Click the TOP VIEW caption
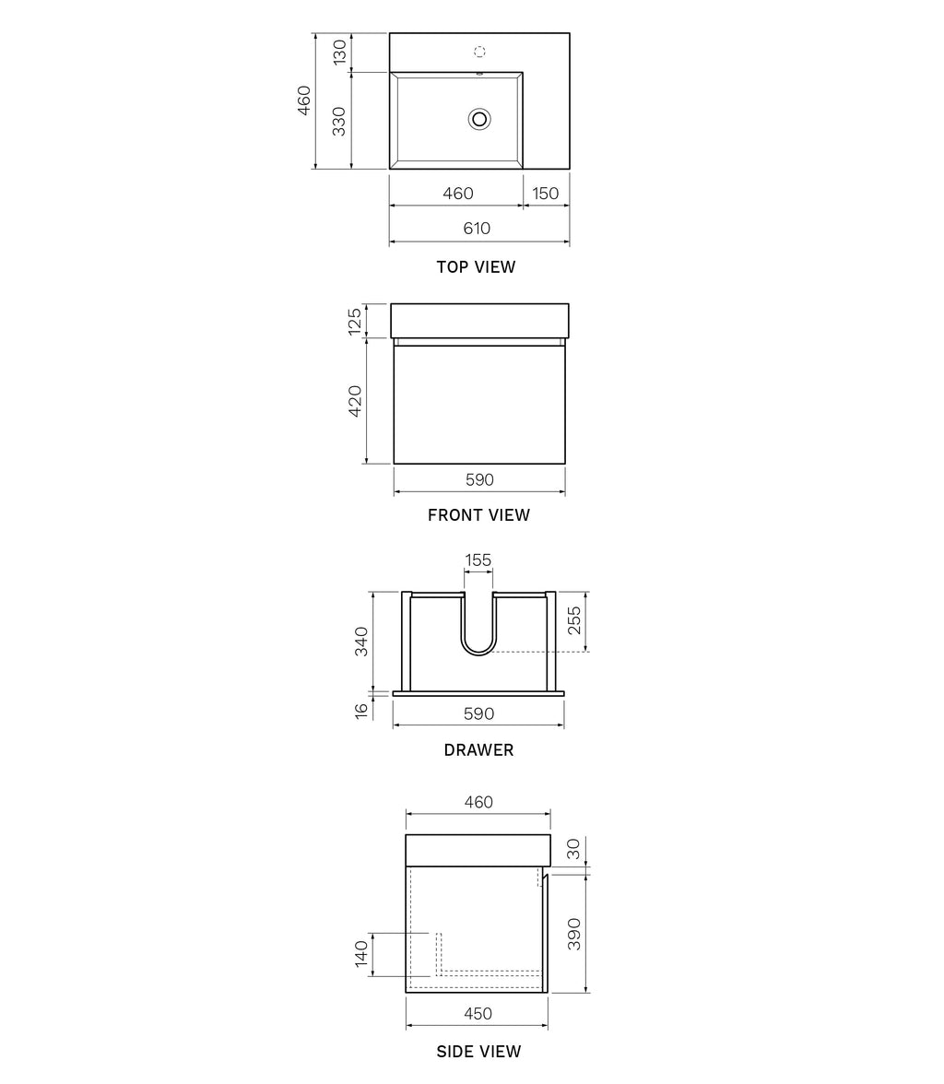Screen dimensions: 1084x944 pos(476,267)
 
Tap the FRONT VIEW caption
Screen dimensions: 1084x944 pos(478,515)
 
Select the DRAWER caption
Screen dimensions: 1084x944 pos(478,750)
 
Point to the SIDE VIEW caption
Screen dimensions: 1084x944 pos(478,1052)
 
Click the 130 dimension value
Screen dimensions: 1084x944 pos(339,53)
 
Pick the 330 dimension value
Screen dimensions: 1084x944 pos(339,121)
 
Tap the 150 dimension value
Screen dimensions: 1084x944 pos(546,194)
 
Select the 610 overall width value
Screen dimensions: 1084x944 pos(477,229)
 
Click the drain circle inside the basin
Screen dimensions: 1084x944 pos(479,118)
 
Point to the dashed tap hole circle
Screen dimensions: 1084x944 pos(479,52)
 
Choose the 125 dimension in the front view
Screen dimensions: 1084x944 pos(355,321)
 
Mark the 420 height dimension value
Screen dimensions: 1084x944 pos(355,401)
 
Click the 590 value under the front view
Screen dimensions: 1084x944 pos(479,480)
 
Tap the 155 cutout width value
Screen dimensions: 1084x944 pos(478,560)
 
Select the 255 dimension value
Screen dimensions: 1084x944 pos(573,622)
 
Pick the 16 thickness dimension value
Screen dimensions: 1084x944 pos(361,710)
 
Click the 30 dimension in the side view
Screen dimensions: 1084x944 pos(574,849)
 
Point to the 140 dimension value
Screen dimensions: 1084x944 pos(362,953)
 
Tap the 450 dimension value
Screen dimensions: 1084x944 pos(478,1014)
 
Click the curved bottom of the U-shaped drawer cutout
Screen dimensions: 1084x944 pos(478,652)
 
